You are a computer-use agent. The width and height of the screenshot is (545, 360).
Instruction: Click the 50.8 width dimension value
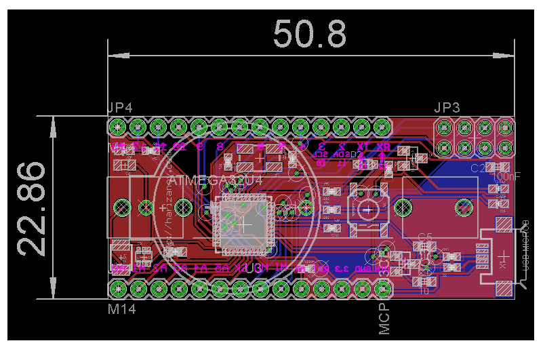pyautogui.click(x=310, y=34)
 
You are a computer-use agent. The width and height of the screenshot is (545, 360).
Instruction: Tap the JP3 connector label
pyautogui.click(x=447, y=108)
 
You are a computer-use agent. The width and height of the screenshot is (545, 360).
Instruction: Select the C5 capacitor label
pyautogui.click(x=425, y=237)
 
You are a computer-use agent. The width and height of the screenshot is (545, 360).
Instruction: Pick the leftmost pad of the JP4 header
pyautogui.click(x=117, y=127)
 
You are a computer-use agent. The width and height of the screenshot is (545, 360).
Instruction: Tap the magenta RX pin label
pyautogui.click(x=383, y=146)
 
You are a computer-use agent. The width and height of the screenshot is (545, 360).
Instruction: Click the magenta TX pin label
pyautogui.click(x=363, y=146)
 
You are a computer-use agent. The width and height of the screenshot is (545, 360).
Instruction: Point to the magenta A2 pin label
pyautogui.click(x=160, y=268)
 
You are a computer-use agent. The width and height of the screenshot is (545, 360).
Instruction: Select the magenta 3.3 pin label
pyautogui.click(x=341, y=269)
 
